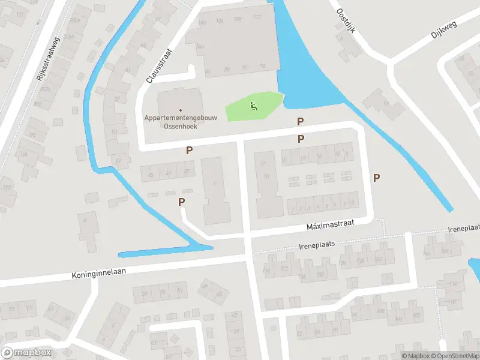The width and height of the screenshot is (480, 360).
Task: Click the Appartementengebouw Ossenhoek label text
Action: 181,122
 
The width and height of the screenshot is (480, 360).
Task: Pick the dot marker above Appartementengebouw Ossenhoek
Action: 181,110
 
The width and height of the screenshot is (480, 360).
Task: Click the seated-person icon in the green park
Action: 254,107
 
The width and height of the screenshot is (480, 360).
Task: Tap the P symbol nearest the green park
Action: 301,122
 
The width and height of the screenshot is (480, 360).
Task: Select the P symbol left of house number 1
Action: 181,202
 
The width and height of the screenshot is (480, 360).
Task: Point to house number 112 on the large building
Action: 257,17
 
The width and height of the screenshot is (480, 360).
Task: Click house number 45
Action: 151,175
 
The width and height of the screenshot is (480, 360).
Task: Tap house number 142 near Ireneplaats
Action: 379,259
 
